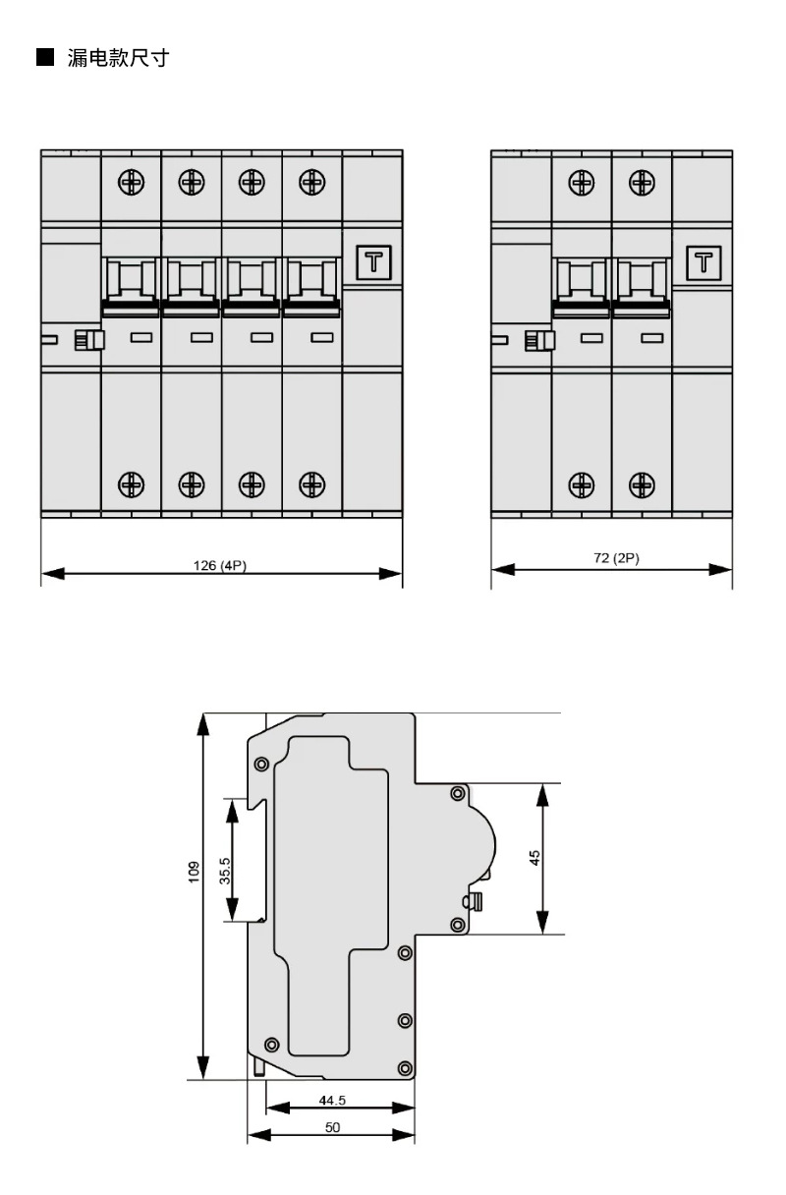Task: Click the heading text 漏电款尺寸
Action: (x=118, y=58)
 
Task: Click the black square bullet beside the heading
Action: (x=45, y=57)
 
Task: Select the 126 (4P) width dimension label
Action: (x=220, y=565)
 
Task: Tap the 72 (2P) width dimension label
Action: (x=616, y=557)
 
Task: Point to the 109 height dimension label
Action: (x=194, y=873)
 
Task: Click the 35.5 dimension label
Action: (x=225, y=871)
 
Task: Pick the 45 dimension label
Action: (x=534, y=858)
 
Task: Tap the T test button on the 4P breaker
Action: (x=373, y=262)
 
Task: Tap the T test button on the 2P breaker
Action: (x=703, y=263)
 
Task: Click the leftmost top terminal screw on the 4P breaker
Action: (x=132, y=182)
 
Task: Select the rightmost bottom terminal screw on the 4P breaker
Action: (x=312, y=484)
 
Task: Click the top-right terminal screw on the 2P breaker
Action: (x=642, y=183)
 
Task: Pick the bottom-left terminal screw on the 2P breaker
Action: (x=582, y=484)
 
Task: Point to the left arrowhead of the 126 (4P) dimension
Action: (x=53, y=574)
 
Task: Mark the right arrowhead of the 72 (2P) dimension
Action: (x=720, y=570)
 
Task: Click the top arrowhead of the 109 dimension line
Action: (x=202, y=725)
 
